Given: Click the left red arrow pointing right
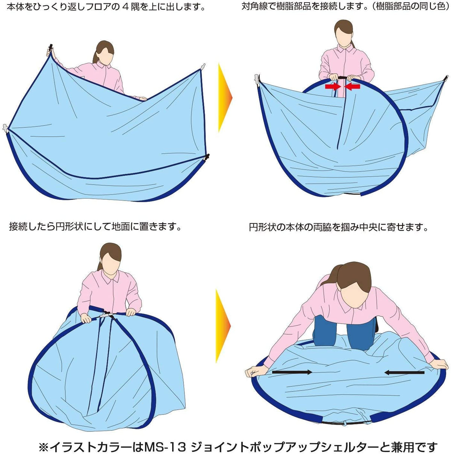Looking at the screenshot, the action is point(333,87).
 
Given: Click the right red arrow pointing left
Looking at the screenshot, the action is point(352,87).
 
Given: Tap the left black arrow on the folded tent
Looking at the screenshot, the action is point(292,372).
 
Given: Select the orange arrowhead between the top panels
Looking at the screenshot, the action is point(225,97).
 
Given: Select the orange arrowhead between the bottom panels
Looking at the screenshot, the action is point(223,326).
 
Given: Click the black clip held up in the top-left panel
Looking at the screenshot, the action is point(50,49).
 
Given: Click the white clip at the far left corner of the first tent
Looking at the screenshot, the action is point(5,128).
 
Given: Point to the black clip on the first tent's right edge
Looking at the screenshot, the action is point(207,157).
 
